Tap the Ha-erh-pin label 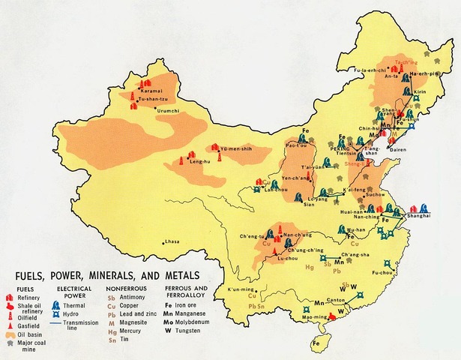pyautogui.click(x=424, y=75)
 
